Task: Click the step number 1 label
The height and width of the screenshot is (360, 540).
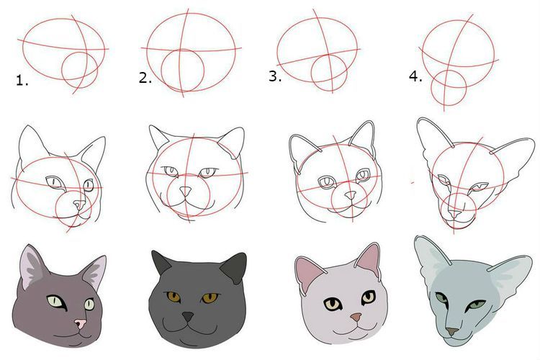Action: click(x=22, y=81)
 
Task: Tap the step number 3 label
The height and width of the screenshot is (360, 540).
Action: click(x=274, y=76)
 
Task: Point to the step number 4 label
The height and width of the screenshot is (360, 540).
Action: click(x=414, y=76)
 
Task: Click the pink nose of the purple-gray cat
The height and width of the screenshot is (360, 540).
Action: click(x=81, y=324)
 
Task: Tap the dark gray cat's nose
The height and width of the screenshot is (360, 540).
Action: click(x=188, y=316)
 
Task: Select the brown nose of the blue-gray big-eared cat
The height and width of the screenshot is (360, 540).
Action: click(x=451, y=331)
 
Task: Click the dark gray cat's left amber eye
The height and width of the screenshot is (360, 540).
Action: click(x=172, y=296)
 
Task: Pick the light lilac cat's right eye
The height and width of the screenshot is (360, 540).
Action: click(x=368, y=297)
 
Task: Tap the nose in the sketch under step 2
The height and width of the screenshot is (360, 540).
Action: click(x=186, y=192)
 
